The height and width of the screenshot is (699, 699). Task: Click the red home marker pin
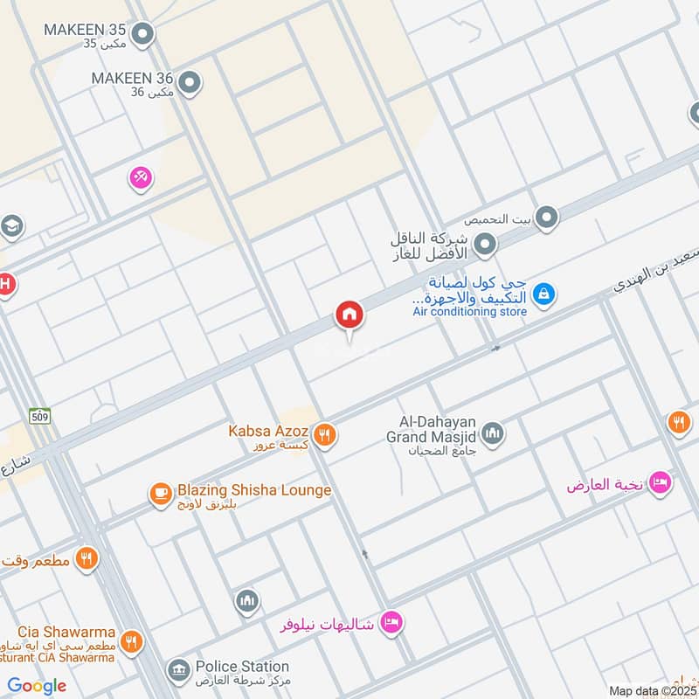pyautogui.click(x=350, y=315)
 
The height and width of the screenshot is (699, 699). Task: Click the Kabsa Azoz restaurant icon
pyautogui.click(x=325, y=433)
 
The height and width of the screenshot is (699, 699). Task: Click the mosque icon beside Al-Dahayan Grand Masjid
pyautogui.click(x=493, y=433)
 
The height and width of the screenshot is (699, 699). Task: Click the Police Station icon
pyautogui.click(x=179, y=670)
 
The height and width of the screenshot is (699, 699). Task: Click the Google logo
pyautogui.click(x=37, y=686)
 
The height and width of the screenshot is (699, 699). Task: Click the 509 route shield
pyautogui.click(x=38, y=416)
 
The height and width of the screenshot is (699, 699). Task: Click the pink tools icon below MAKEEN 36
pyautogui.click(x=141, y=178)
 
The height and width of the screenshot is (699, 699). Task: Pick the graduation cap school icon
pyautogui.click(x=10, y=227)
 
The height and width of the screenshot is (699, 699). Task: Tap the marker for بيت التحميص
pyautogui.click(x=547, y=218)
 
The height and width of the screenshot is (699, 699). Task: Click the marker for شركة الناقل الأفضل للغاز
pyautogui.click(x=486, y=245)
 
